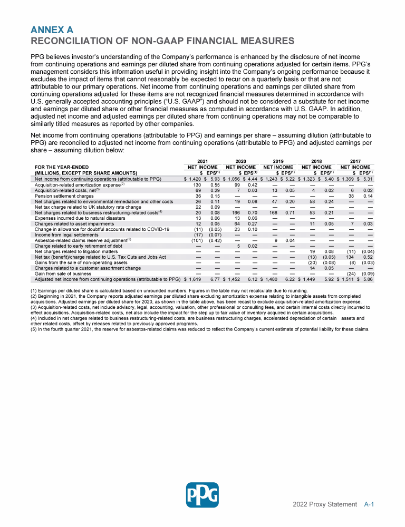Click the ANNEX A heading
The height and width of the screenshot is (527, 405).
tap(52, 30)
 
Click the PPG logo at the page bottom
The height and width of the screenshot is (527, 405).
tap(202, 495)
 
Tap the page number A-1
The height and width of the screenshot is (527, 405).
tap(369, 504)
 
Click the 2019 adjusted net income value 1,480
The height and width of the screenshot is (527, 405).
tap(269, 279)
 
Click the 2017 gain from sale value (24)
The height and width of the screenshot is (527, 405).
tap(350, 274)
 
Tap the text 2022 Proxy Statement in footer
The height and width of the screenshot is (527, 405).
tap(325, 504)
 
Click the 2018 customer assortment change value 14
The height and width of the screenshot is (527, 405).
tap(312, 268)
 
